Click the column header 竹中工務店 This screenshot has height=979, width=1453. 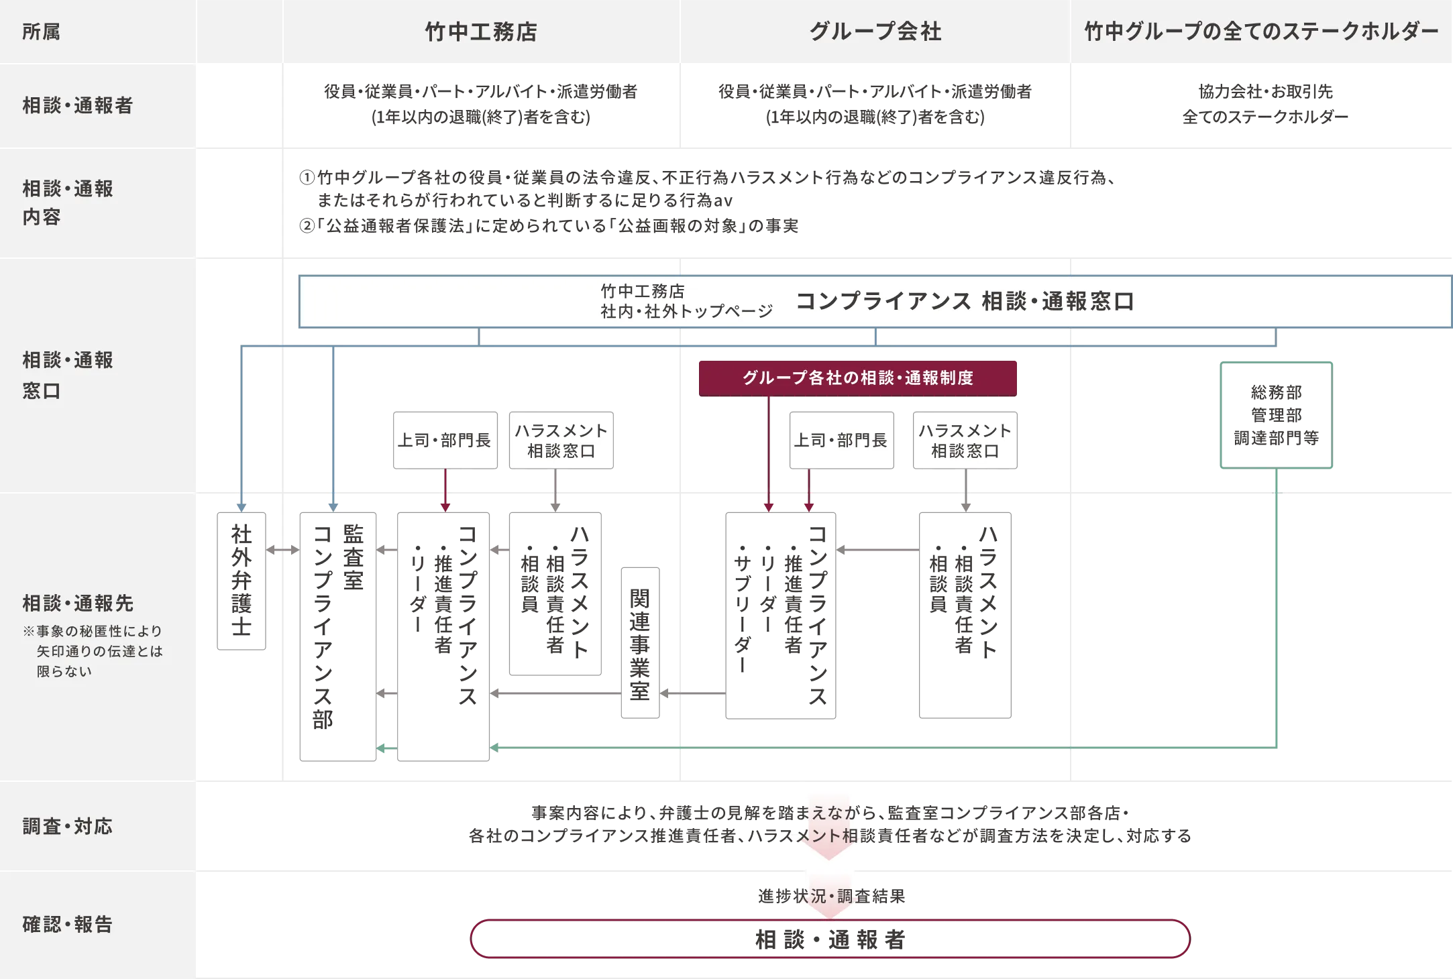click(481, 32)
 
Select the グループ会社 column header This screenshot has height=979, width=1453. click(875, 32)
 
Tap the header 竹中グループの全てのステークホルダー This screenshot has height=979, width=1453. click(1261, 32)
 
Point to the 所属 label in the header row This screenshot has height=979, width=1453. click(42, 32)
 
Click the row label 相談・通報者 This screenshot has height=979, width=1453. click(78, 105)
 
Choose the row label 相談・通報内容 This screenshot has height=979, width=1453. click(68, 203)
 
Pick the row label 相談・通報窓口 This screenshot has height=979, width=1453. click(68, 375)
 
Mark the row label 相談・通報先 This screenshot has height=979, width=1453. click(78, 603)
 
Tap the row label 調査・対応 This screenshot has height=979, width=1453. click(68, 826)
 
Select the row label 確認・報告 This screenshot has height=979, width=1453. click(68, 924)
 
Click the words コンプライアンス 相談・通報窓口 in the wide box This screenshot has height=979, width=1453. click(965, 302)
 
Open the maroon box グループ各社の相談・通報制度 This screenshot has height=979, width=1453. click(858, 378)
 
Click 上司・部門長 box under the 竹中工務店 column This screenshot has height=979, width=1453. click(445, 440)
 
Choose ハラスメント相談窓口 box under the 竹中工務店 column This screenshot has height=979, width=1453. click(561, 441)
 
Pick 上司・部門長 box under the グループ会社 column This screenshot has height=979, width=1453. click(841, 440)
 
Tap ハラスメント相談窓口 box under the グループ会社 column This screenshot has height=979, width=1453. click(965, 441)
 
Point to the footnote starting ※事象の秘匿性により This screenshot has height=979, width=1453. click(93, 650)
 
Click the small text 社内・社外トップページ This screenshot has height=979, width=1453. click(687, 311)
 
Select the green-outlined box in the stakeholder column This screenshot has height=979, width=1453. click(1277, 415)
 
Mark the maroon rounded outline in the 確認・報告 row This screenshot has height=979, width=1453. click(830, 939)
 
